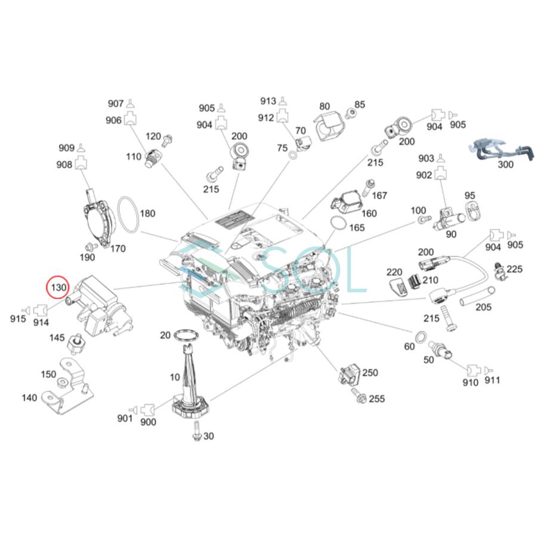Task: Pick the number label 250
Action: (370, 373)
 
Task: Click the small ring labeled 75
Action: (294, 156)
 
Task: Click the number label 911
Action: (493, 380)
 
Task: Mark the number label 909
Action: (66, 147)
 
